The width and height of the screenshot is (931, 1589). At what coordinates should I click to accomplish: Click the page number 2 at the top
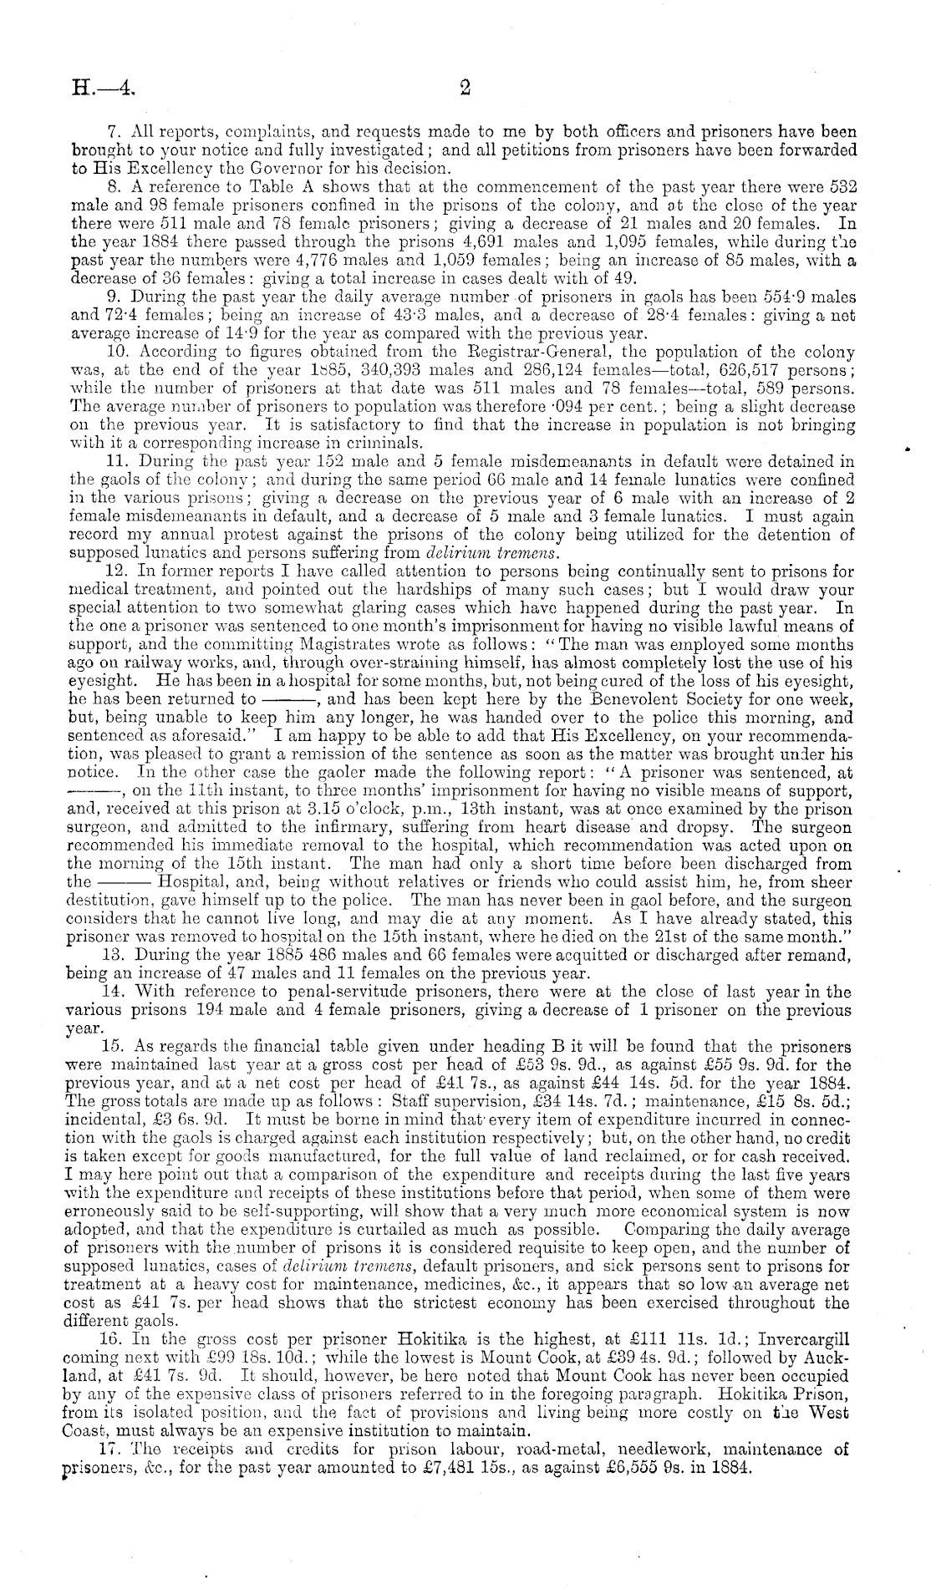pyautogui.click(x=465, y=86)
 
